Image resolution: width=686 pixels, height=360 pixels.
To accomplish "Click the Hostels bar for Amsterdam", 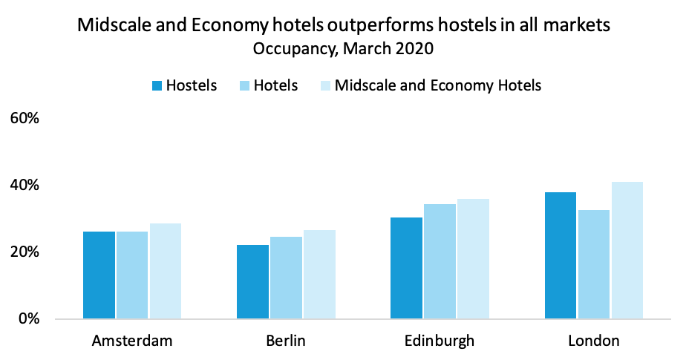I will [x=99, y=275].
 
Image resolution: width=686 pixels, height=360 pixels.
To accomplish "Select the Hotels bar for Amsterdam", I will [x=131, y=275].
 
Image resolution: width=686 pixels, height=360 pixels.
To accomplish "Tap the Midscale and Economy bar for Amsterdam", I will [x=165, y=271].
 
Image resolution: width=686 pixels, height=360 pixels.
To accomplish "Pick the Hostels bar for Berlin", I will [x=252, y=282].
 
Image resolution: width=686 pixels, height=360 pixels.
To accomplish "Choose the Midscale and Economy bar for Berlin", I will [x=319, y=275].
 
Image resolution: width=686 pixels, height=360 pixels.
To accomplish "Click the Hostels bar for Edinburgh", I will [x=407, y=268].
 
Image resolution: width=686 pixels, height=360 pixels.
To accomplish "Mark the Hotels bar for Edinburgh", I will [x=440, y=261].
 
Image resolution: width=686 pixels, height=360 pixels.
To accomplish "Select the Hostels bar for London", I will [x=561, y=255].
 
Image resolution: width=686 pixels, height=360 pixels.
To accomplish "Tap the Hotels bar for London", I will [x=593, y=264].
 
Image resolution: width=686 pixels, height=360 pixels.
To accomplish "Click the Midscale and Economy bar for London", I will [x=627, y=250].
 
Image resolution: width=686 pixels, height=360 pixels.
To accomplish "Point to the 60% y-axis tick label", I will [x=28, y=118].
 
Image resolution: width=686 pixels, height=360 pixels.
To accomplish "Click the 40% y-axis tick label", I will [x=28, y=185].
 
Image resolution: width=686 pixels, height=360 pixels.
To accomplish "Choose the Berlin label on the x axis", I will [x=286, y=341].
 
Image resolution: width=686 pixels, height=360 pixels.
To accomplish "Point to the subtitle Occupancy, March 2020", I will [x=342, y=50].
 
